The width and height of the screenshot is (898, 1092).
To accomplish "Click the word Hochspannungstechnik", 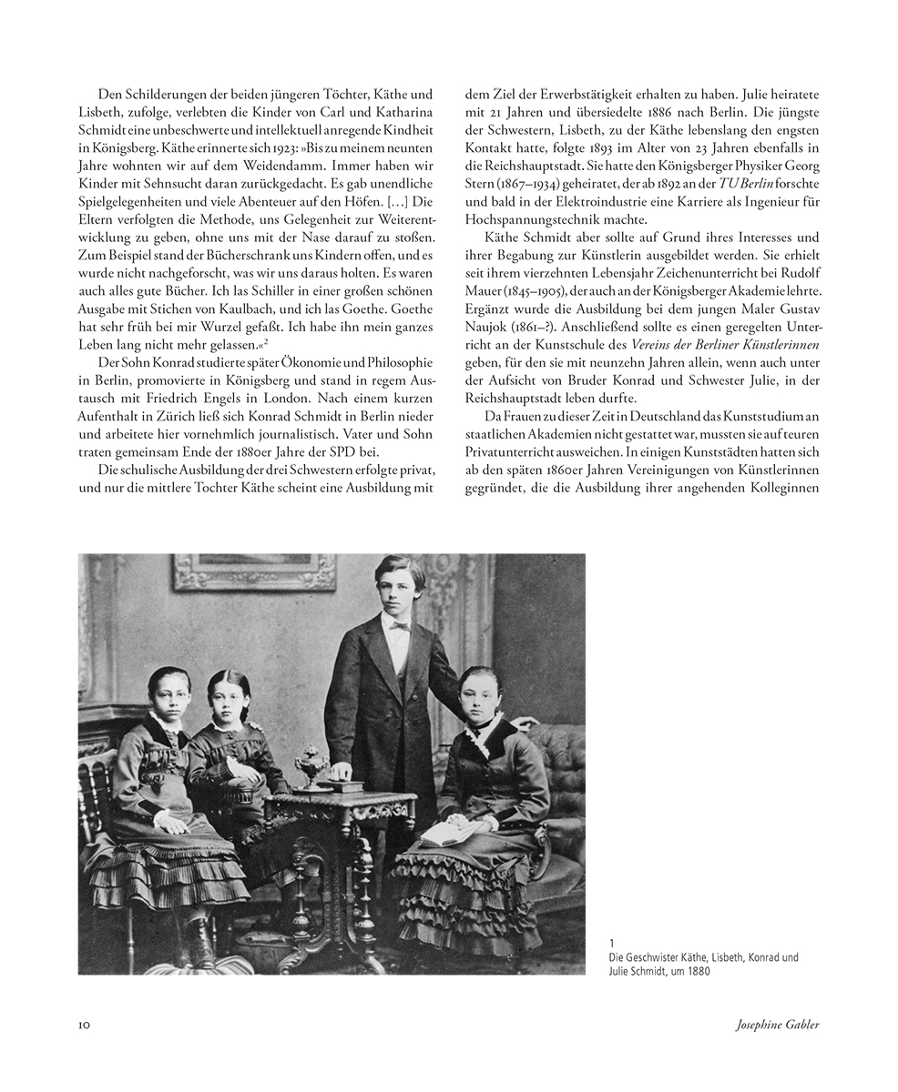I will [531, 220].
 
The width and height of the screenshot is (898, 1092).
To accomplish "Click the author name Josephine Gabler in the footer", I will [777, 1025].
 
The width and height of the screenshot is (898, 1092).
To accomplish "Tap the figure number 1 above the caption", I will [612, 943].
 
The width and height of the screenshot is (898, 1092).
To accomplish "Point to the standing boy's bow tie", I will [398, 626].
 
